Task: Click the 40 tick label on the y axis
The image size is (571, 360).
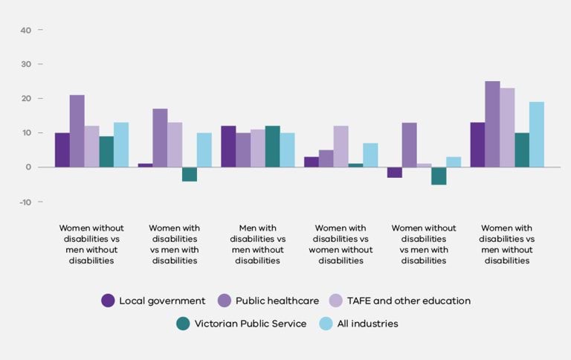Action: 26,30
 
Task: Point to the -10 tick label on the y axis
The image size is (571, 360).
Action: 25,202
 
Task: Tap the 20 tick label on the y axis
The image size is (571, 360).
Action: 26,99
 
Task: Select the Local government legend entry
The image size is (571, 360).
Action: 154,300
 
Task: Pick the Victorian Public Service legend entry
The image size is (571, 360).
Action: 241,324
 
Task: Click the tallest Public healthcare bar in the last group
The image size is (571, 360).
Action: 492,124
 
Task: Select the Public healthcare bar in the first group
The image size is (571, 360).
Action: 77,131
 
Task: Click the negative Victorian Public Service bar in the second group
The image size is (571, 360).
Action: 190,174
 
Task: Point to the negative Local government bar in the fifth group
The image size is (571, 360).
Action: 394,173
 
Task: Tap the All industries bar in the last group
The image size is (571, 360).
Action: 536,135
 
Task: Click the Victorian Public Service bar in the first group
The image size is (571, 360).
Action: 106,152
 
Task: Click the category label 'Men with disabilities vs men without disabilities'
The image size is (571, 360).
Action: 257,244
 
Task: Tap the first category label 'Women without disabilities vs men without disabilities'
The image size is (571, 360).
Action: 91,244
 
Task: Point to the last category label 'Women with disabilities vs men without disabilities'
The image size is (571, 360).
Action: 508,244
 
